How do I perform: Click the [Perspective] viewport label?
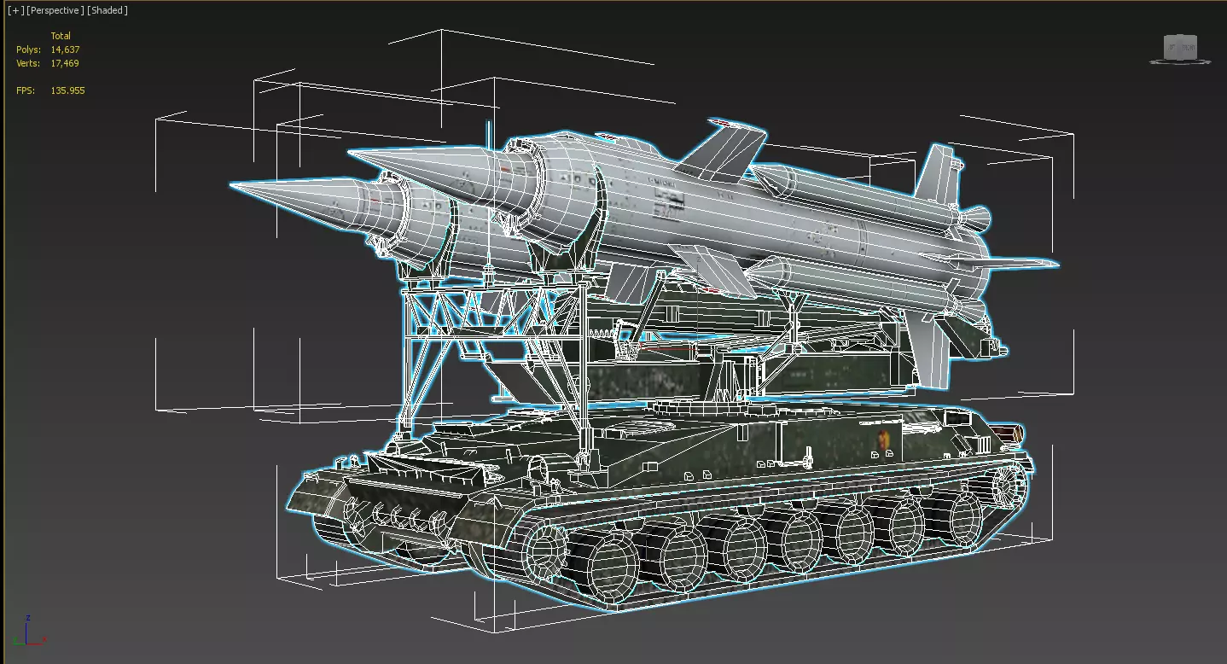pos(55,10)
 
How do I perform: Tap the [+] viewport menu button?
pos(16,10)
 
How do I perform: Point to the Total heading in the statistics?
pos(61,36)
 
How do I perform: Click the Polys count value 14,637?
pos(65,50)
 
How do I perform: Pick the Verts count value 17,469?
pos(65,63)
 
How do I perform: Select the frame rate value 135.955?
pos(67,90)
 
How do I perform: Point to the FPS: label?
pos(26,90)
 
